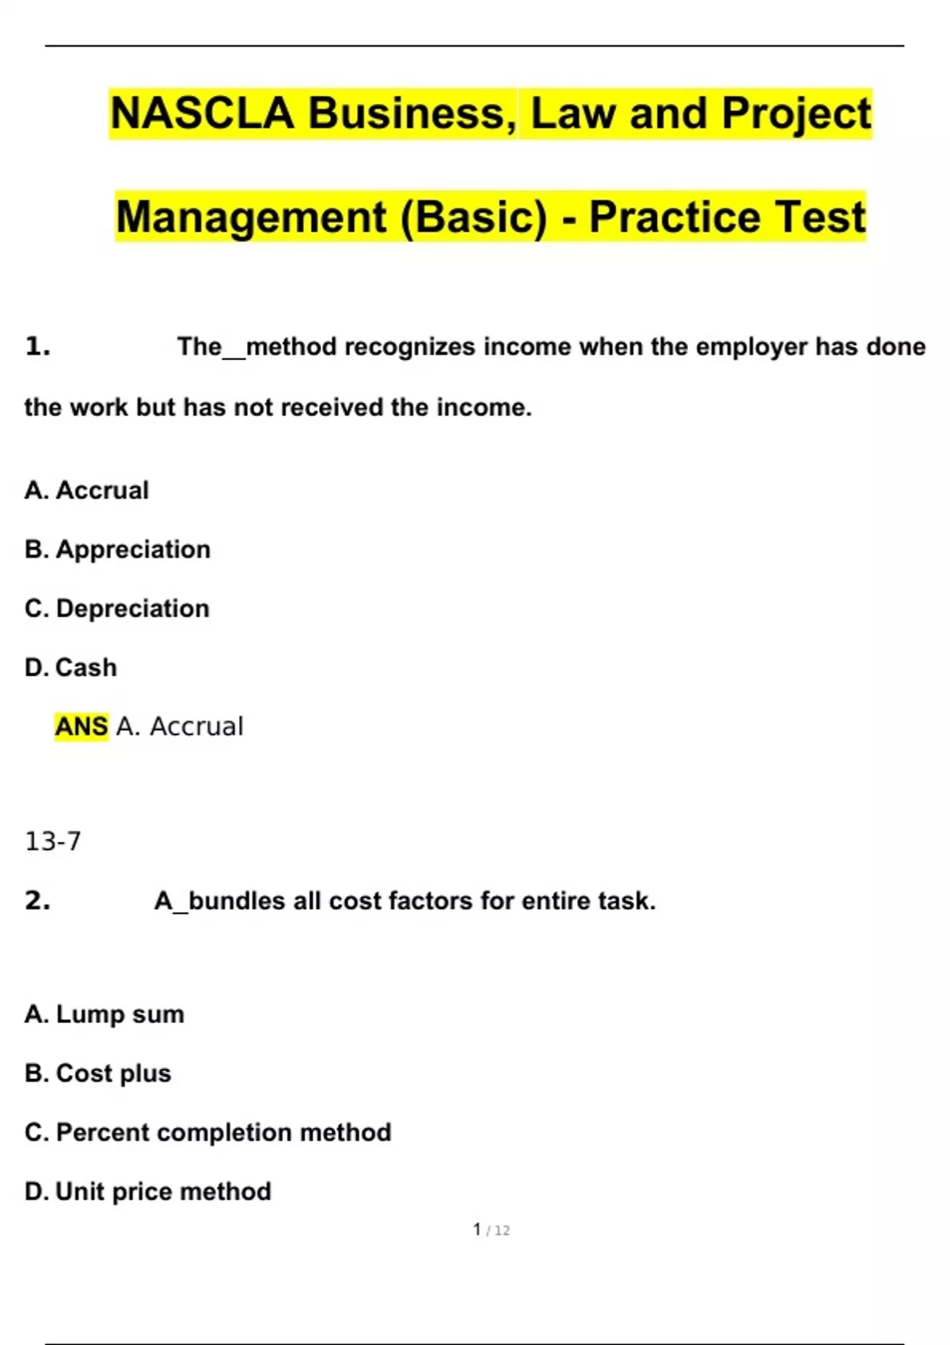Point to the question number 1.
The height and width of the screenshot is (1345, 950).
point(37,347)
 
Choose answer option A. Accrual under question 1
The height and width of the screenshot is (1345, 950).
point(86,491)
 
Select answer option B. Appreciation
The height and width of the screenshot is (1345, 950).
point(117,549)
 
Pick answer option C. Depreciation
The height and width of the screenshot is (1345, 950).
point(117,608)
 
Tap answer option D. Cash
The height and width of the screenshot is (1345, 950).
point(70,668)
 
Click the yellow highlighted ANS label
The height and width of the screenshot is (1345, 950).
point(81,726)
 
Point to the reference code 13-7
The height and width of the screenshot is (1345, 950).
point(52,841)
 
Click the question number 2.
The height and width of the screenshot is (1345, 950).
point(37,900)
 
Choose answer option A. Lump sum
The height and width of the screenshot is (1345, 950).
point(104,1014)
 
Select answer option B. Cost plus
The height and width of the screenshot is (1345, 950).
point(97,1074)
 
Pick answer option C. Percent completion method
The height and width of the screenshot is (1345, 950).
point(207,1133)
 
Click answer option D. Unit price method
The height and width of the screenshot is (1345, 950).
point(147,1192)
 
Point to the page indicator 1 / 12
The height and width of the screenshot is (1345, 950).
point(491,1230)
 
